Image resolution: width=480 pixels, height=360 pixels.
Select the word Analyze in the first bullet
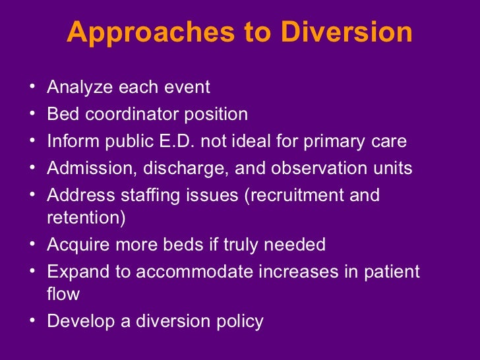pos(74,87)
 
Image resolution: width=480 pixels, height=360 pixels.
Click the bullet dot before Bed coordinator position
pos(34,115)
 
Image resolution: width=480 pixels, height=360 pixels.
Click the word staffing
pos(149,196)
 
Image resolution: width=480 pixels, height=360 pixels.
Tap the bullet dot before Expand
pos(34,272)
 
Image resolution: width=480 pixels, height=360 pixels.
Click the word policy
pos(238,322)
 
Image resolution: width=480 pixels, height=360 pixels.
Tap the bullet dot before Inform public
pos(34,142)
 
